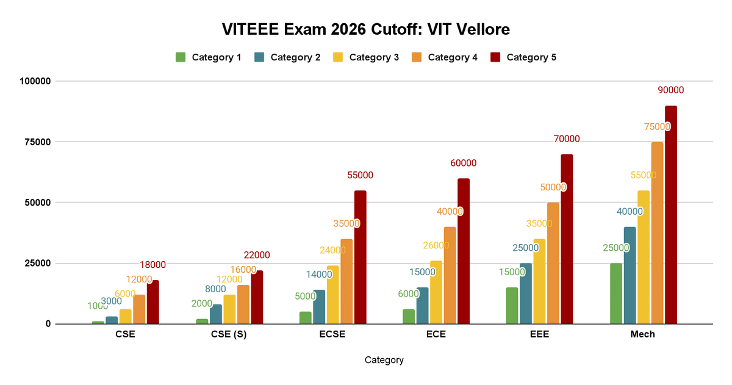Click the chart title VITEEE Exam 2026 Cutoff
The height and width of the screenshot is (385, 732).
tap(365, 29)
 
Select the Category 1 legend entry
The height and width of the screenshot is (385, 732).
tap(208, 57)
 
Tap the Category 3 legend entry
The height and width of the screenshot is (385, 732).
tap(365, 57)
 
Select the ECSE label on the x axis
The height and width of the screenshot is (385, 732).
tap(332, 334)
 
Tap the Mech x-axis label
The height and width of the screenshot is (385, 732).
tap(643, 334)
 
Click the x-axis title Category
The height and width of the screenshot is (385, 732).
tap(384, 360)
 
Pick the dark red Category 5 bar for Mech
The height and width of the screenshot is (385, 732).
tap(670, 215)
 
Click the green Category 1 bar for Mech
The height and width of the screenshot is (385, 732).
tap(616, 293)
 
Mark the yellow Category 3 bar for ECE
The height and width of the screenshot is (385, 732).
tap(436, 292)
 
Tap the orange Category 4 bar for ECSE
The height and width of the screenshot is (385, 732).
tap(346, 281)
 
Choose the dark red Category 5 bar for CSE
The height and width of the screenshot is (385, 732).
tap(152, 302)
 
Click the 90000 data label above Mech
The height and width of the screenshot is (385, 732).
tap(670, 90)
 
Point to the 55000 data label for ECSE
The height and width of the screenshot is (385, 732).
tap(360, 175)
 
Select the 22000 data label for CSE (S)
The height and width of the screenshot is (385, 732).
tap(256, 255)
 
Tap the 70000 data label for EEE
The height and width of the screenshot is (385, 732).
tap(567, 139)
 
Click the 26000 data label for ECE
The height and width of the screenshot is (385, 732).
tap(436, 245)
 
